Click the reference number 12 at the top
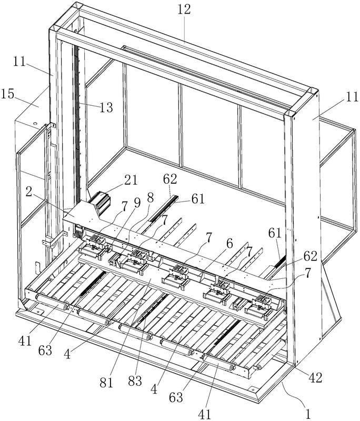pos(184,9)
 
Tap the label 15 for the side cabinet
pos(7,94)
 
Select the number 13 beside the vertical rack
pos(106,108)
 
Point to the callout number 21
pos(129,180)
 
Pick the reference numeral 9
pos(137,204)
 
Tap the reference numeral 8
pos(150,198)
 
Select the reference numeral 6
pos(229,244)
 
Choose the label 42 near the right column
pos(315,378)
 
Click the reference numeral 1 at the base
pos(308,414)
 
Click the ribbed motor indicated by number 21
pos(100,201)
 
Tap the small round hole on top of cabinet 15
pos(35,124)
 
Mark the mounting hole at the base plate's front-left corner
pos(38,312)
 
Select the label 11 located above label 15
pos(19,62)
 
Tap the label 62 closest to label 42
pos(311,256)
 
